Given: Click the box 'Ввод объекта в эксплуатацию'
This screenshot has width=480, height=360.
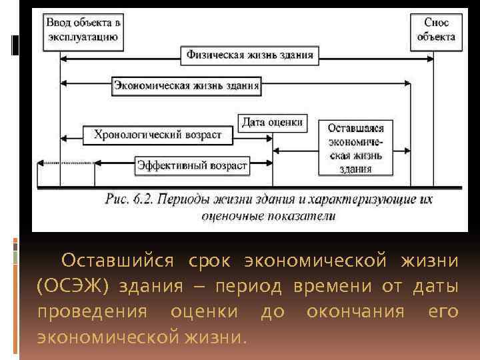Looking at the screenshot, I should tap(83, 30).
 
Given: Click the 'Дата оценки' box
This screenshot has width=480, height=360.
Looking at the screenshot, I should tap(272, 123).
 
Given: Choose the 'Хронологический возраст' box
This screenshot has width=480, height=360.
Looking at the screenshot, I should tap(157, 135).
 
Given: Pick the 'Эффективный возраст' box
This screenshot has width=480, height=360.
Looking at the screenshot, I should tap(192, 165).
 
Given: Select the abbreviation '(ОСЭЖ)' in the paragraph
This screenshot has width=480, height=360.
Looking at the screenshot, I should tap(73, 286).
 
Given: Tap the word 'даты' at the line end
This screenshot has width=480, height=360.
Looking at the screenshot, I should tap(435, 286).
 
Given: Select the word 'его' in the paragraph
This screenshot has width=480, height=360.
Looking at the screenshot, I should tap(443, 311).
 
